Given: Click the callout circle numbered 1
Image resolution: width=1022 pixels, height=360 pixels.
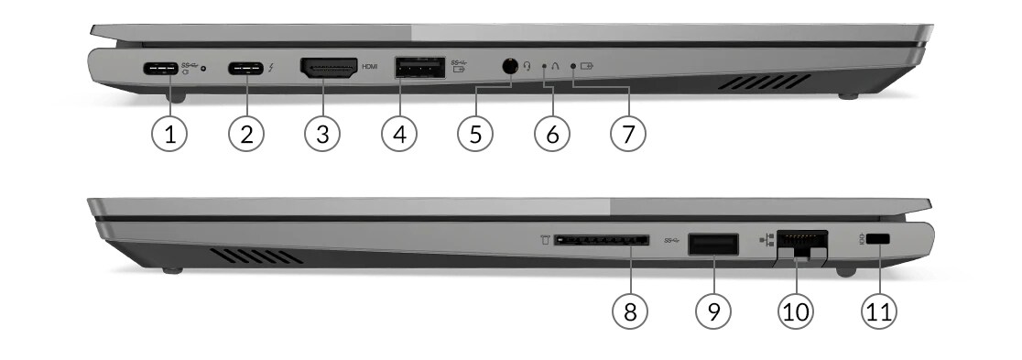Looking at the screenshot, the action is (x=169, y=134).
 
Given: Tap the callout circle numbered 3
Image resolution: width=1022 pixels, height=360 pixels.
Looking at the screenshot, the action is (x=322, y=134).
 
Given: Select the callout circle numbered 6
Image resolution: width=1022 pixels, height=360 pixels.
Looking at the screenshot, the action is (x=552, y=134).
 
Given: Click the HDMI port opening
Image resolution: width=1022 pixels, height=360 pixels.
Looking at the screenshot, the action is (x=329, y=69).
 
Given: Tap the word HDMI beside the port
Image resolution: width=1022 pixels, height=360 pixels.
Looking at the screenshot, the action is (x=370, y=67).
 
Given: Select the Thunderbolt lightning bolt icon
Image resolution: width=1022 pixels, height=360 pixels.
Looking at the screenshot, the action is (x=270, y=67).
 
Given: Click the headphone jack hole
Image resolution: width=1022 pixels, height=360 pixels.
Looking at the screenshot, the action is (x=509, y=67).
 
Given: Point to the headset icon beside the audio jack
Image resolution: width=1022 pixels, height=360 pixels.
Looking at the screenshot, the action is (x=528, y=66).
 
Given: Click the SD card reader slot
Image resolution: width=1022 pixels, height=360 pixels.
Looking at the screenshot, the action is (x=601, y=241).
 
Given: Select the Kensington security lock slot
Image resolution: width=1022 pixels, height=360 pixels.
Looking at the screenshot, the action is (x=879, y=240).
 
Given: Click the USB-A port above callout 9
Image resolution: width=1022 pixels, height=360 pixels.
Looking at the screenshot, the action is (x=713, y=244).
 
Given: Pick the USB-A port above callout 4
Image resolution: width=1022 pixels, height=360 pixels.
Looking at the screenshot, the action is (x=419, y=67).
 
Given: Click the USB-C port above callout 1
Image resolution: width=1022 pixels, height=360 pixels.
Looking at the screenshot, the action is (x=159, y=67).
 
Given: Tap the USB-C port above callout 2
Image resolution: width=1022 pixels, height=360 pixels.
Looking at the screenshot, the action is (x=245, y=67).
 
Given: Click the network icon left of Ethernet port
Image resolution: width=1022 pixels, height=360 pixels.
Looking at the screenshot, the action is (x=766, y=240).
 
